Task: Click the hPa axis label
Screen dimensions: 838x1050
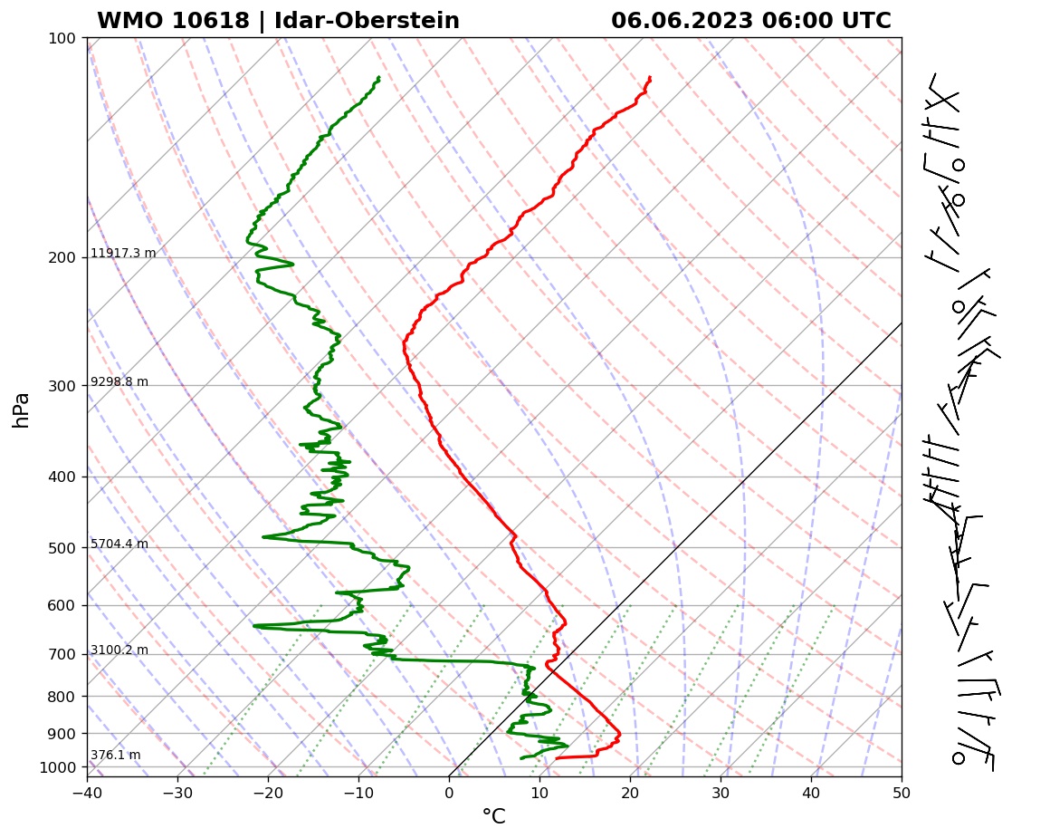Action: (x=22, y=409)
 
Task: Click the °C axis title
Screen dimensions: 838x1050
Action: (x=493, y=817)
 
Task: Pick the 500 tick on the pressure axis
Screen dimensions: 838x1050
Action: (x=61, y=547)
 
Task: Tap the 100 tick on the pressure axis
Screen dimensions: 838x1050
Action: (x=61, y=38)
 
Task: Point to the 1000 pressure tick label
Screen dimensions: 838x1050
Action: (x=58, y=767)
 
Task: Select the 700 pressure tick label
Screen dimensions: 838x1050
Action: (x=61, y=654)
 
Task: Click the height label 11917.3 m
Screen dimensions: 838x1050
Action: (x=123, y=254)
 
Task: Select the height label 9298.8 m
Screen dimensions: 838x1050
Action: (x=119, y=382)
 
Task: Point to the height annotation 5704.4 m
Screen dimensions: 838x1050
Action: (x=119, y=544)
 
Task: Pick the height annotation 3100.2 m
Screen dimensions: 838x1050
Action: (x=119, y=650)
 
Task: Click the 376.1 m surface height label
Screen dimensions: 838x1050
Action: (x=115, y=756)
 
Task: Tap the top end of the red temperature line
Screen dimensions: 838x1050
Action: (x=650, y=78)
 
